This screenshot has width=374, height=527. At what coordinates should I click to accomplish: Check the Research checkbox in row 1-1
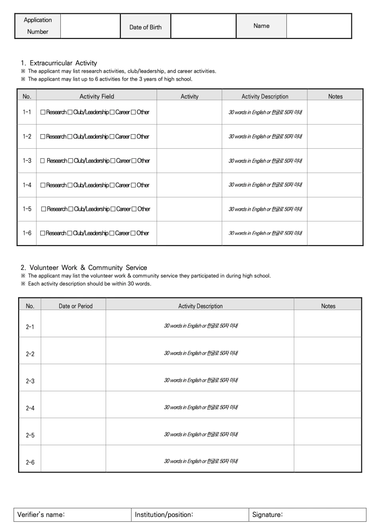(43, 112)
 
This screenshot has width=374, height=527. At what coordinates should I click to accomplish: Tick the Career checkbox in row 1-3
(113, 161)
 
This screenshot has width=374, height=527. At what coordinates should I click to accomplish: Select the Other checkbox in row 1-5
(134, 209)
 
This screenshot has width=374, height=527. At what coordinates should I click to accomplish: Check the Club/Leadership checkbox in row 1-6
(70, 233)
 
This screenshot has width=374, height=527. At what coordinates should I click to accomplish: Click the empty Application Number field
(90, 26)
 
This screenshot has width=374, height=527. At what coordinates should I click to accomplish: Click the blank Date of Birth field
(203, 26)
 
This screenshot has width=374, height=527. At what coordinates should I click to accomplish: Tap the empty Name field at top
(319, 26)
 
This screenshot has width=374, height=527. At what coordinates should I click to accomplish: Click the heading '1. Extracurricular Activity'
(59, 63)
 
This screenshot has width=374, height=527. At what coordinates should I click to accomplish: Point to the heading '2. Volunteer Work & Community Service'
(84, 268)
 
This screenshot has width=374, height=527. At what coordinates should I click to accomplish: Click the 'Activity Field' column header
(97, 96)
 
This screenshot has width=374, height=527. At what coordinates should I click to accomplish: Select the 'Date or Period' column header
(76, 306)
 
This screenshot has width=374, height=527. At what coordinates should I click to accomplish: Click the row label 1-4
(27, 185)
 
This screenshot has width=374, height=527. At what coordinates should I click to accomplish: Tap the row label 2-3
(30, 381)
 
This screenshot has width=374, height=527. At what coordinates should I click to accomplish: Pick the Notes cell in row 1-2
(335, 137)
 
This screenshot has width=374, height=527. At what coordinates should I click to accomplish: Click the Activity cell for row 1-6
(189, 233)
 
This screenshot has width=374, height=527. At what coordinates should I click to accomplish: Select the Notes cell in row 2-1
(328, 324)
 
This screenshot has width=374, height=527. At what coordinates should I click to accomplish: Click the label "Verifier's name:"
(41, 515)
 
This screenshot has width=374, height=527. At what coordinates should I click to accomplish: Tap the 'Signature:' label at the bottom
(267, 515)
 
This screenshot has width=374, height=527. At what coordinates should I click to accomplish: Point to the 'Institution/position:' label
(164, 515)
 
